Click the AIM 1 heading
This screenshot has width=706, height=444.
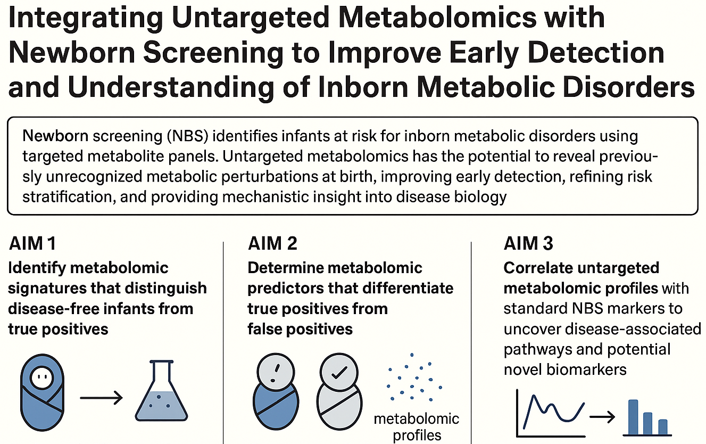[32, 244]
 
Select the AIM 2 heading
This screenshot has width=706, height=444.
[272, 244]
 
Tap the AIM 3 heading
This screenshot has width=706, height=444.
[528, 244]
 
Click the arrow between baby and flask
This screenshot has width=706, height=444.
[101, 397]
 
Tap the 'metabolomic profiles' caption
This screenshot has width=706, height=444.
[416, 426]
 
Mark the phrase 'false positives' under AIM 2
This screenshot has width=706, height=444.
[300, 328]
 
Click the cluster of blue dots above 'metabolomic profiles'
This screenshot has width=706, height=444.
[414, 380]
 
